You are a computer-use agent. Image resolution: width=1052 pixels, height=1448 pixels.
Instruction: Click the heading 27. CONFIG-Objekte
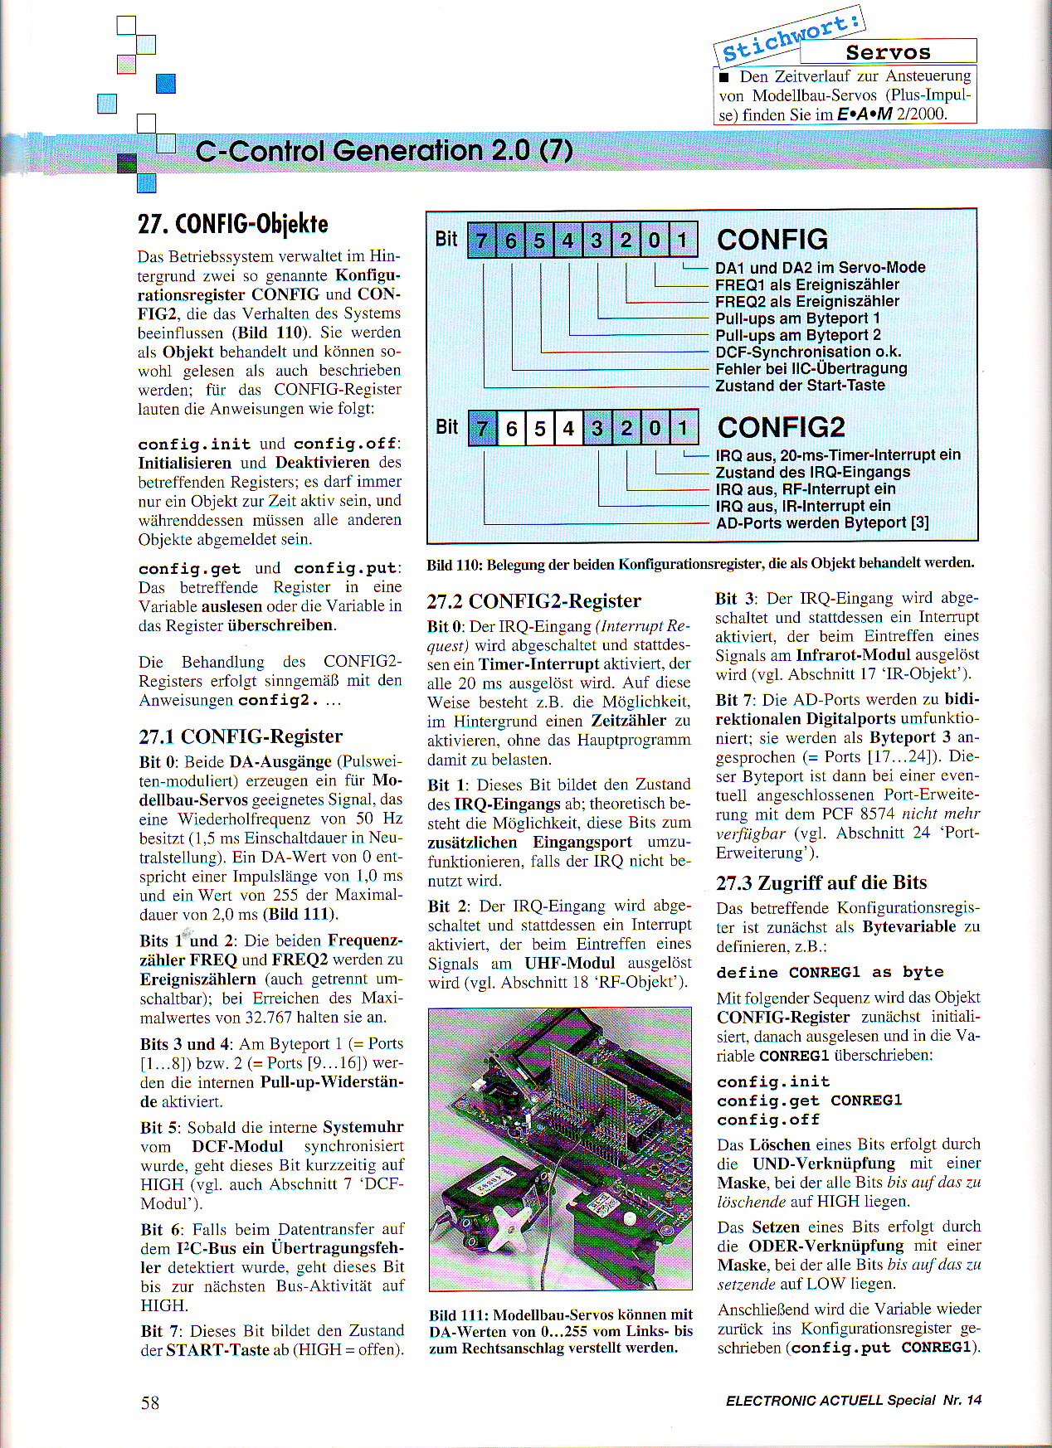[232, 224]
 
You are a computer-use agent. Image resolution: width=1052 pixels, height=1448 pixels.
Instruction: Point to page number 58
[150, 1402]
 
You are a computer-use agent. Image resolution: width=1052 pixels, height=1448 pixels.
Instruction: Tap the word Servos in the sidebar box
[888, 52]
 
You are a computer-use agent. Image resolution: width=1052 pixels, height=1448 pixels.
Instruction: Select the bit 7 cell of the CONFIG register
[482, 241]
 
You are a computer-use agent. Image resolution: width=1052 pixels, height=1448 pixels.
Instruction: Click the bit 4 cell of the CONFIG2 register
[568, 428]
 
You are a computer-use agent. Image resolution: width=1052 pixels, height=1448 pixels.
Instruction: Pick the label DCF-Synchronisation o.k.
[808, 352]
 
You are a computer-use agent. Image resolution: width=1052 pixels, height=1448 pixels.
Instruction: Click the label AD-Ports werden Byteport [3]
[821, 522]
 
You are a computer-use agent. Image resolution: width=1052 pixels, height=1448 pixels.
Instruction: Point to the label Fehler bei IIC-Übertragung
[811, 368]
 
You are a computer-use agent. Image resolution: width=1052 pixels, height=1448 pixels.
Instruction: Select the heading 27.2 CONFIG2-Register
[533, 600]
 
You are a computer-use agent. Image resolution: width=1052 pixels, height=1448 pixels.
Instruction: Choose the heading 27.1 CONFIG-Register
[241, 736]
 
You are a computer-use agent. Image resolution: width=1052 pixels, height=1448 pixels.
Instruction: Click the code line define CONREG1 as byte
[830, 972]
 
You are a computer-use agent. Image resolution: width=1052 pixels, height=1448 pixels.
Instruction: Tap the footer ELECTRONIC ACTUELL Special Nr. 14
[853, 1401]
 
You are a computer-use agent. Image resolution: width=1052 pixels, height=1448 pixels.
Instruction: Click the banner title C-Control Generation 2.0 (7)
[383, 151]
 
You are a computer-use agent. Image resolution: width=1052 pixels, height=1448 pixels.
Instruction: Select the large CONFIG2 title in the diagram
[781, 427]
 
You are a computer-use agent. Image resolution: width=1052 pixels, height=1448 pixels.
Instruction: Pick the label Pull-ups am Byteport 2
[797, 335]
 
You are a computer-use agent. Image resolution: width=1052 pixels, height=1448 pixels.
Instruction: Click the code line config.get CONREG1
[809, 1101]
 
